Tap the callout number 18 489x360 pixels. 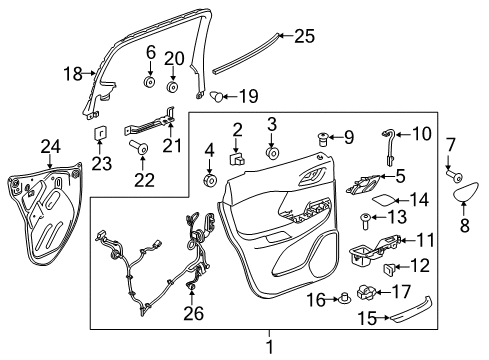[72, 73]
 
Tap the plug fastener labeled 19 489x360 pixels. [215, 96]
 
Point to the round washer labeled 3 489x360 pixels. [271, 154]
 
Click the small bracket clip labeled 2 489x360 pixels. [240, 157]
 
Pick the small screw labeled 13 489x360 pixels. [367, 217]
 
